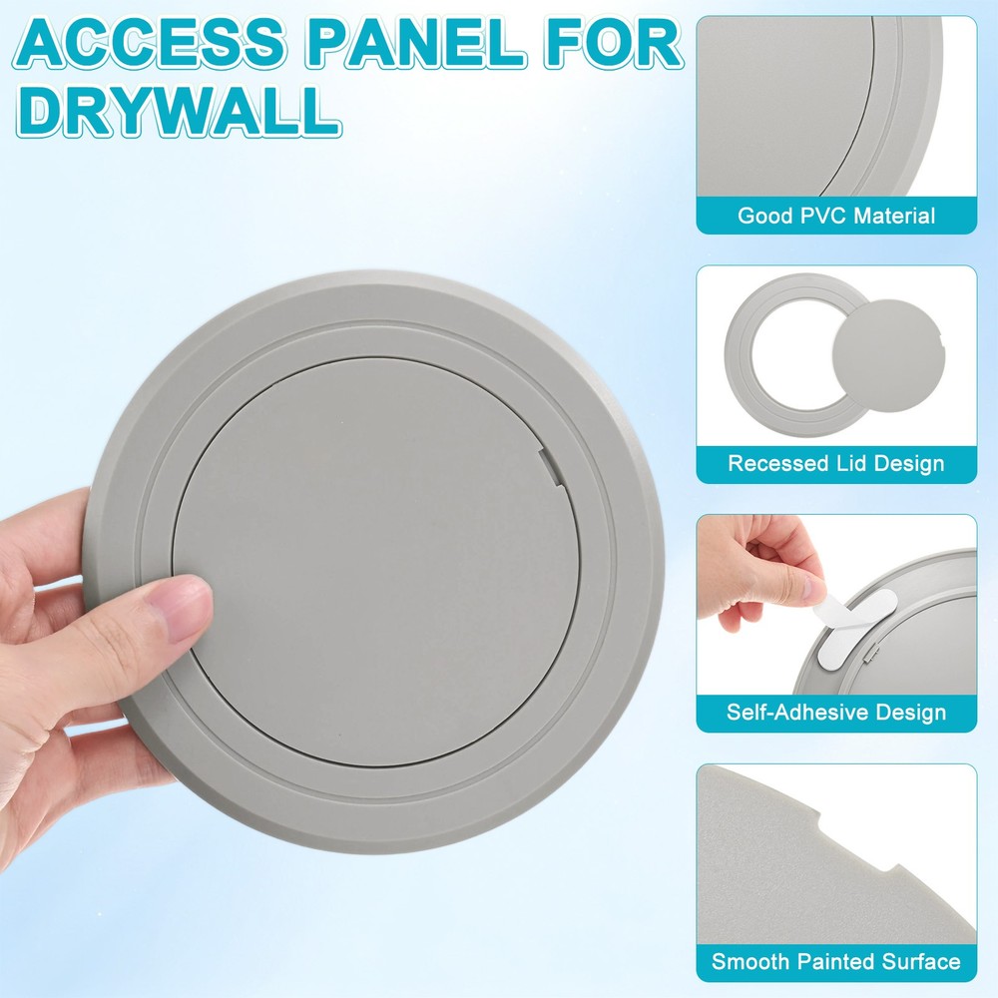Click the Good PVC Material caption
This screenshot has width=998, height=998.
(x=835, y=216)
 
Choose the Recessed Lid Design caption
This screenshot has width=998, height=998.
(x=835, y=464)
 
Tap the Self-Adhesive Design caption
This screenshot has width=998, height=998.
(x=835, y=713)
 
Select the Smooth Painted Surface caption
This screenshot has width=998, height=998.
(x=835, y=962)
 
